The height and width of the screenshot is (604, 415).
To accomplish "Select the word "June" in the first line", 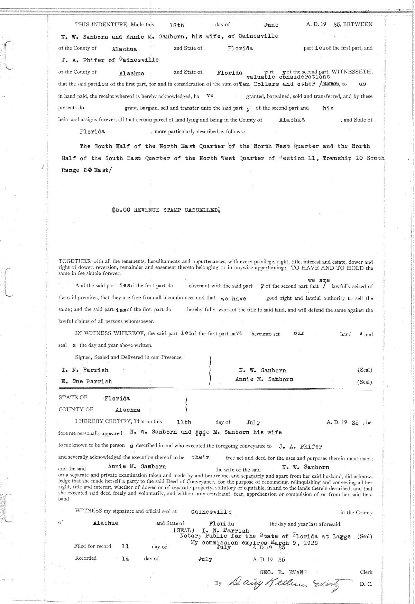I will [x=271, y=25].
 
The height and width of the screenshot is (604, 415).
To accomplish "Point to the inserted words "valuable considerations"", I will [x=288, y=77].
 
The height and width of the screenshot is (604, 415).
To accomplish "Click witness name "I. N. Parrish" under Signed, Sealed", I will [x=85, y=370].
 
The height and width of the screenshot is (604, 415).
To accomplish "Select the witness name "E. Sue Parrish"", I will [x=87, y=381].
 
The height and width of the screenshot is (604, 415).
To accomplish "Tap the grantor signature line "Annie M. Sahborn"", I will [x=264, y=379].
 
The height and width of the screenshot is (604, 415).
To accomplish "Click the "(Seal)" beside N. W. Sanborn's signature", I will [x=365, y=370].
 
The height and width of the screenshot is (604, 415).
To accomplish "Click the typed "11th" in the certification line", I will [x=184, y=422].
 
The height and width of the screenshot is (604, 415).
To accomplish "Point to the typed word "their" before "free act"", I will [x=201, y=457].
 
